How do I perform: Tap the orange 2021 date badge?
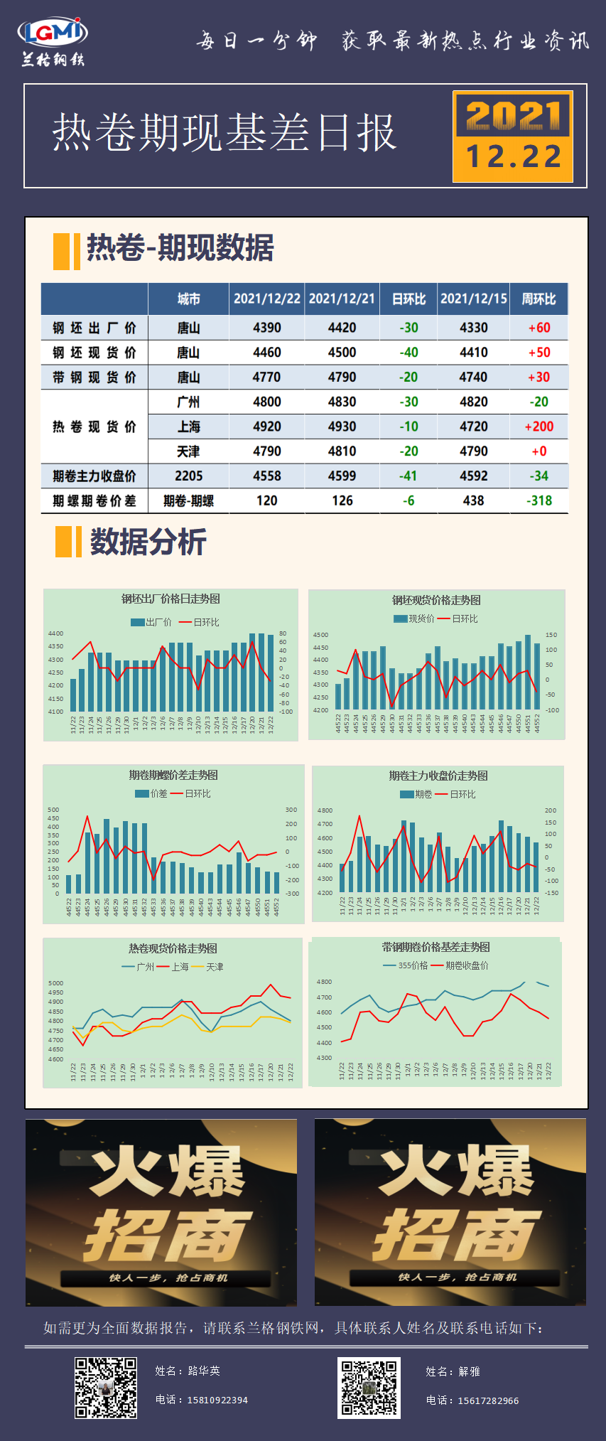tap(513, 136)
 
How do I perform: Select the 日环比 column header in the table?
tap(408, 299)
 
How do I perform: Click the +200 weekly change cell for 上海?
tap(539, 427)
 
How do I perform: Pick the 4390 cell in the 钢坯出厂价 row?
tap(266, 328)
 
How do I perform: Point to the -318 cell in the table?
tap(539, 500)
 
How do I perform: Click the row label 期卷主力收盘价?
tap(94, 476)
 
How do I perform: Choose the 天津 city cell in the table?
tap(188, 451)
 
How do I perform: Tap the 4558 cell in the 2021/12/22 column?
tap(266, 476)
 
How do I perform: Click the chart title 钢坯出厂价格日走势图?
tap(171, 599)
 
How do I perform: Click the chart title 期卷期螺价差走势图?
tap(173, 775)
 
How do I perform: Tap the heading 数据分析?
tap(148, 542)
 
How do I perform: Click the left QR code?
tap(106, 1388)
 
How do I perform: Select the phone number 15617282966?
tap(487, 1400)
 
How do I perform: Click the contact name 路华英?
tap(204, 1371)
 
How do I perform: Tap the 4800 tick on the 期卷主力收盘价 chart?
tap(325, 810)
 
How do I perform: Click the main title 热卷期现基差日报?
tap(224, 133)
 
